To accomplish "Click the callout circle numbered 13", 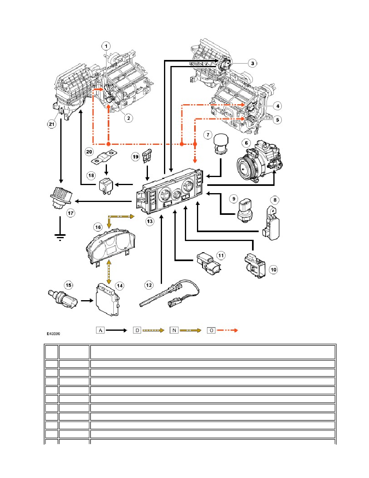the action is click(150, 221).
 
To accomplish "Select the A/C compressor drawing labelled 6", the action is click(259, 162).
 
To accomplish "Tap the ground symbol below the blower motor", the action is click(60, 237).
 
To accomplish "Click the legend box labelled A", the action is click(100, 330).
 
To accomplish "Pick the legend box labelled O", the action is click(211, 330).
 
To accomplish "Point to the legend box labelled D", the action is click(137, 330).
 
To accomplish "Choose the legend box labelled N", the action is click(174, 330).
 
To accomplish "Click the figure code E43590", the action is click(53, 334).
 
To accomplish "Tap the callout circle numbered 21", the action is click(52, 124).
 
